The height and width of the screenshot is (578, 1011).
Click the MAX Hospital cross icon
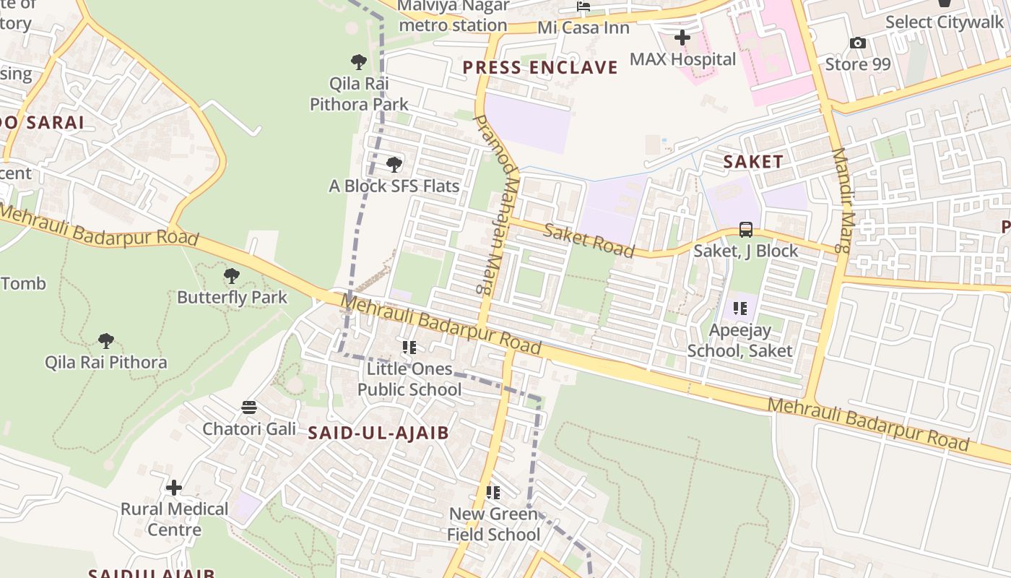click(682, 37)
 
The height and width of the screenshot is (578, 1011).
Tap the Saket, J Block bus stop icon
click(746, 230)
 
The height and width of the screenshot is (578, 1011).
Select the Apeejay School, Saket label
click(739, 340)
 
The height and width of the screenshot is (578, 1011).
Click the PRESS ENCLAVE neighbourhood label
click(540, 68)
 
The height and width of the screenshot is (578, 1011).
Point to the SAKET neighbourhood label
click(753, 162)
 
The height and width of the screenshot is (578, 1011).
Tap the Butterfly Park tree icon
click(231, 275)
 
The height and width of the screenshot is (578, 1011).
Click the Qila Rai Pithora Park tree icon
click(359, 61)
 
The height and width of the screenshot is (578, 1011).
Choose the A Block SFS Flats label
click(394, 186)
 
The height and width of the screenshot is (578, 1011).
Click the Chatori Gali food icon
click(249, 407)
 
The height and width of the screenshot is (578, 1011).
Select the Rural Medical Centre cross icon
click(174, 488)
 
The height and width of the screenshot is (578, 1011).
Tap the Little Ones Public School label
click(409, 379)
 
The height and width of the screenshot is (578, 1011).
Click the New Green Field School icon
click(493, 493)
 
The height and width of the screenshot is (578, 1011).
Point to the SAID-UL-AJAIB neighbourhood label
click(378, 433)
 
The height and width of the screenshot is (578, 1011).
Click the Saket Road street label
click(589, 241)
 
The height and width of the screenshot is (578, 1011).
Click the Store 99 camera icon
click(858, 43)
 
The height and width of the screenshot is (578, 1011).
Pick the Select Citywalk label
click(945, 22)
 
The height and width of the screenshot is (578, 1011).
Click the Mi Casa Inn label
click(583, 28)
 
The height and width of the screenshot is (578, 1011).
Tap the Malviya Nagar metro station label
click(453, 16)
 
